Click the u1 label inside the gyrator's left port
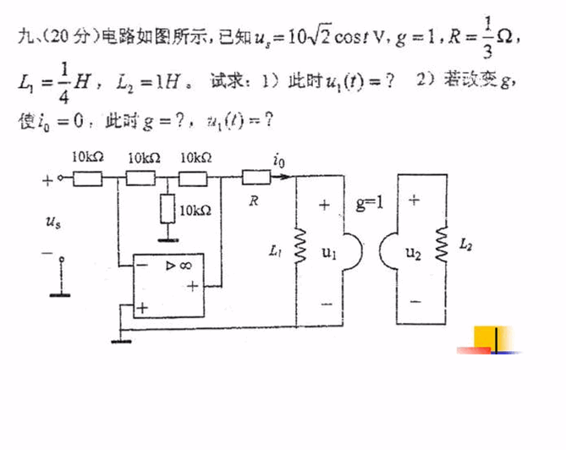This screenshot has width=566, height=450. pyautogui.click(x=329, y=252)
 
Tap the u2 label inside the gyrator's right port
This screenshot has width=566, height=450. pyautogui.click(x=414, y=251)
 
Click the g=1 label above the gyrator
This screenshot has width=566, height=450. pyautogui.click(x=370, y=203)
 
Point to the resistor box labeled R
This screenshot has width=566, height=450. pyautogui.click(x=256, y=178)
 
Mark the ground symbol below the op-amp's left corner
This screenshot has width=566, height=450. pyautogui.click(x=123, y=340)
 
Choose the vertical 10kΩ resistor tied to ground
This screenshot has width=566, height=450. pyautogui.click(x=168, y=208)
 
